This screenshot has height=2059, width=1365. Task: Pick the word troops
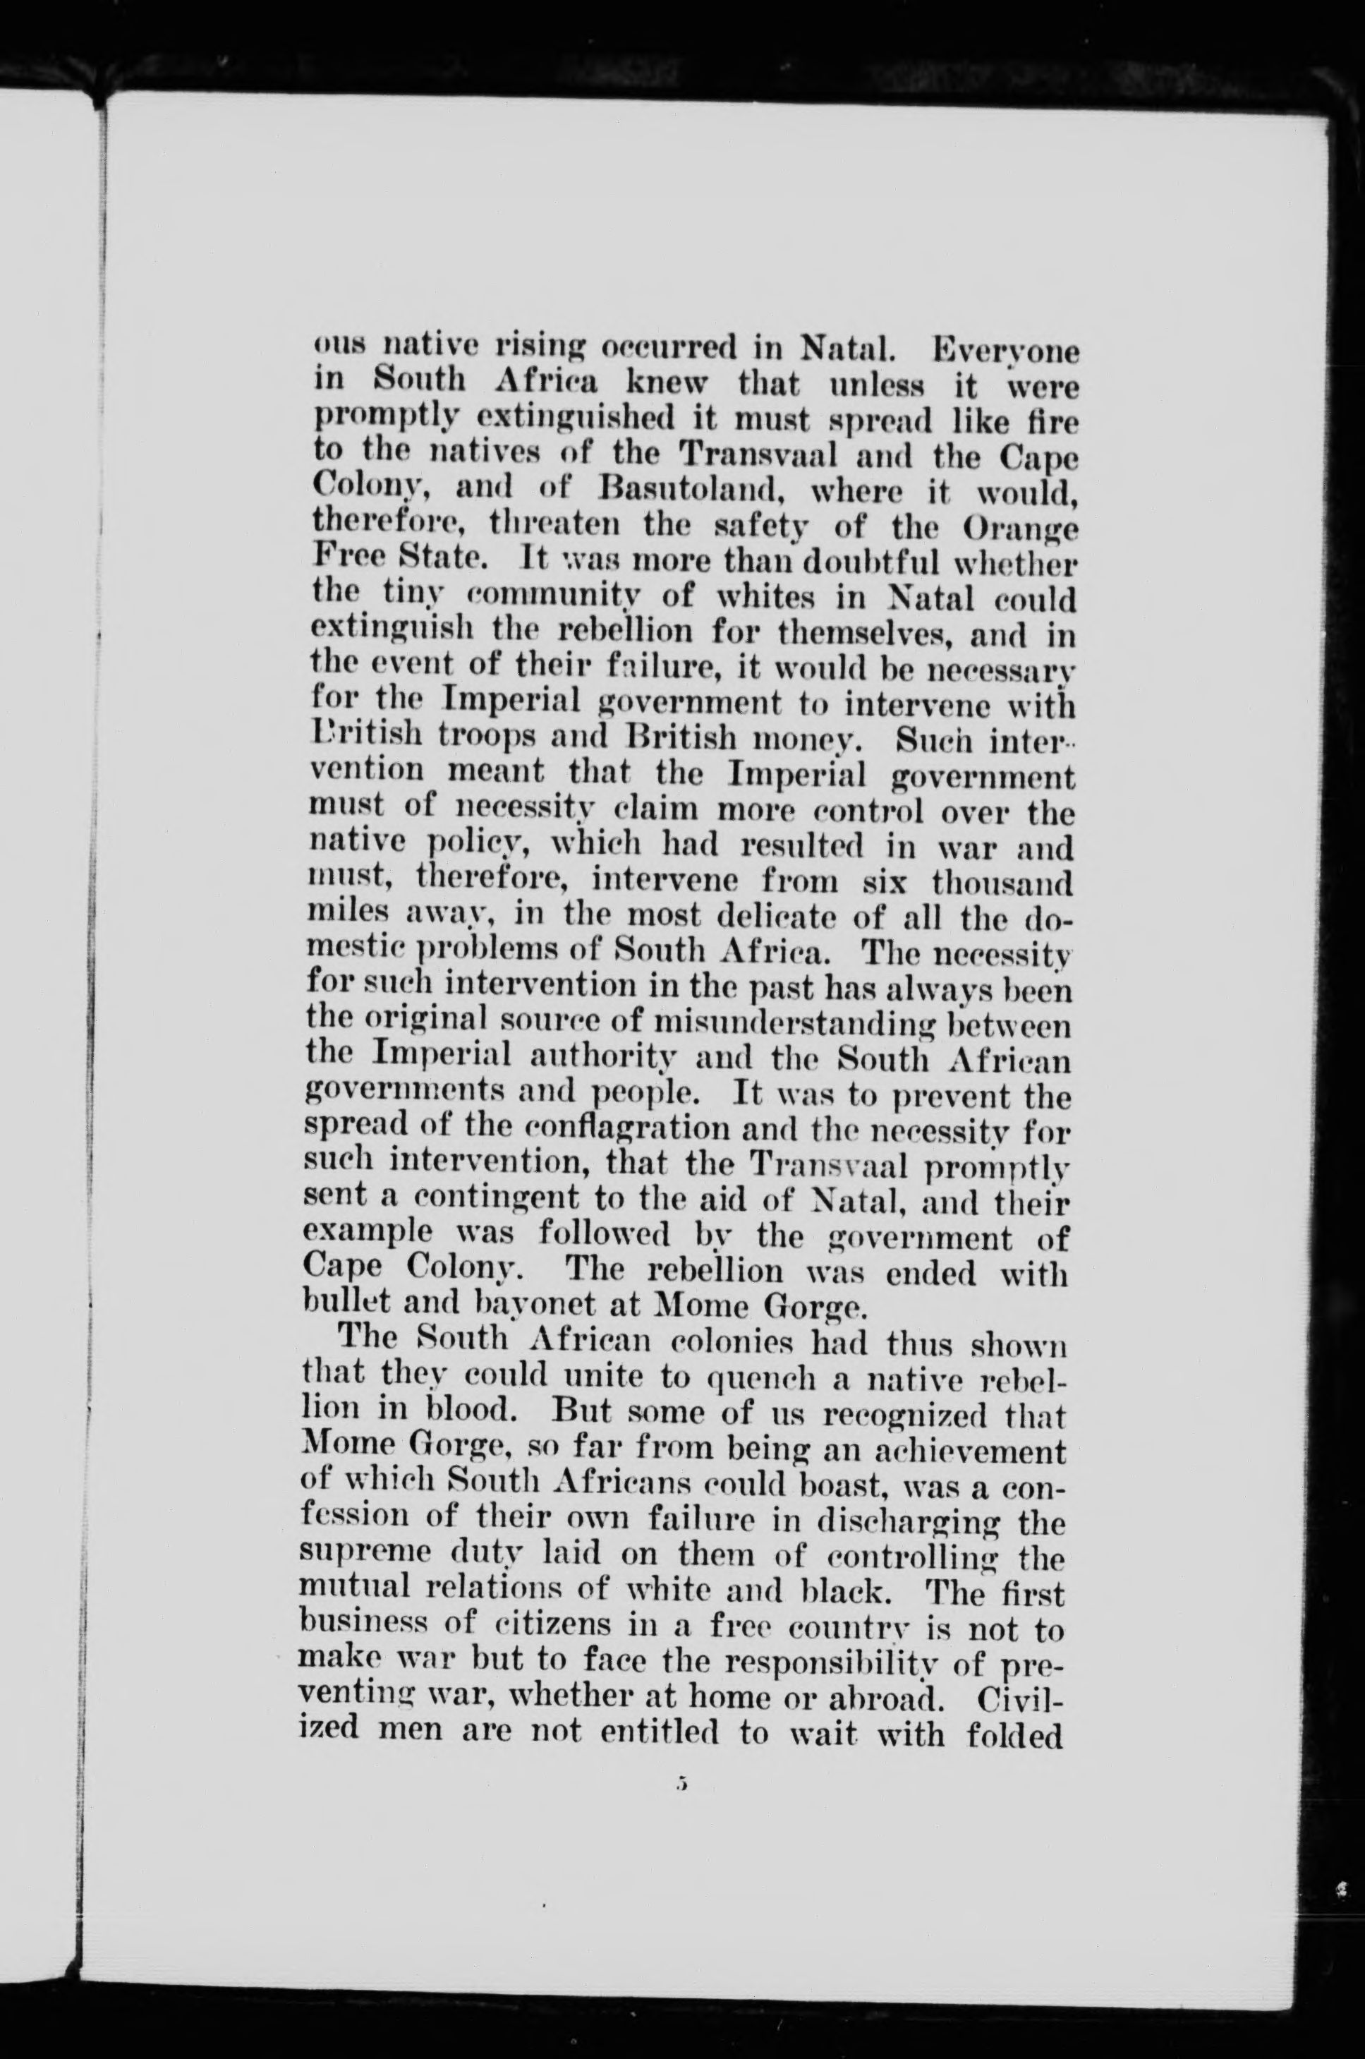512,740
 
